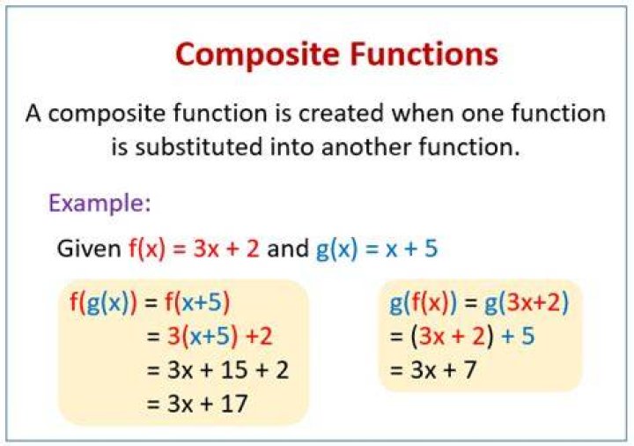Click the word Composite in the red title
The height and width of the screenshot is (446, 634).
tap(257, 56)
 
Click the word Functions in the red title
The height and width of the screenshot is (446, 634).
tap(424, 54)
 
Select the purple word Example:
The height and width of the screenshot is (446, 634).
tap(100, 204)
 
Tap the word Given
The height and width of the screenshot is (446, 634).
tap(89, 248)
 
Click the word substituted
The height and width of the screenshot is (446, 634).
tap(199, 146)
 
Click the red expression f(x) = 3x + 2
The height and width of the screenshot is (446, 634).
tap(194, 249)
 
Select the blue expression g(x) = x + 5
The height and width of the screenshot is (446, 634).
tap(377, 249)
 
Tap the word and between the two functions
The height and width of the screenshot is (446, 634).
tap(287, 248)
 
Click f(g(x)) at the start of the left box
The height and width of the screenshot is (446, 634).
tap(104, 302)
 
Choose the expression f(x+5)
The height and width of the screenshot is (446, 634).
tap(197, 302)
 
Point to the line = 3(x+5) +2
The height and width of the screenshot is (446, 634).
tap(210, 337)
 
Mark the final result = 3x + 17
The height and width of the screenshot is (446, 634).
tap(197, 404)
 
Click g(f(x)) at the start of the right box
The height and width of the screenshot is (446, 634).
tap(424, 302)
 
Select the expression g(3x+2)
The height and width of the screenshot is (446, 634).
tap(526, 302)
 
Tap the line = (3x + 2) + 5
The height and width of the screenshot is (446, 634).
tap(461, 337)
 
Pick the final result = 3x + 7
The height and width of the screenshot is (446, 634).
tap(432, 370)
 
